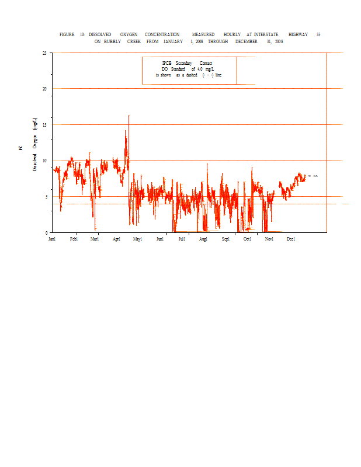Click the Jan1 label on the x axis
pos(52,239)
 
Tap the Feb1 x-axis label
pos(74,239)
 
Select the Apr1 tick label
pos(117,239)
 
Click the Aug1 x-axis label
pos(203,239)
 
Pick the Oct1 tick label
pos(248,239)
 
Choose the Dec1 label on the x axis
pos(291,239)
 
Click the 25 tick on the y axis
pos(45,53)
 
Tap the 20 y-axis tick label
pos(45,89)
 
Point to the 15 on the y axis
pos(45,125)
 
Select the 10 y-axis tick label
pos(45,161)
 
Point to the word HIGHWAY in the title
pos(298,35)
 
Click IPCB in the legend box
pos(166,63)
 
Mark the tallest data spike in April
pos(129,116)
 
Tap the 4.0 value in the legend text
pos(200,69)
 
